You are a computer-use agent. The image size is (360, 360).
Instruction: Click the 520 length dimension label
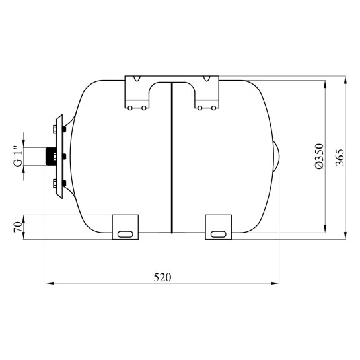pos(162,277)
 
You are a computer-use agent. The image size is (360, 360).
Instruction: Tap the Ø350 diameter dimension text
pos(319,157)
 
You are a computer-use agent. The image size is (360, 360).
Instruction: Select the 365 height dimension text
pos(340,157)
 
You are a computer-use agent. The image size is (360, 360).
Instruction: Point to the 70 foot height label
pos(18,227)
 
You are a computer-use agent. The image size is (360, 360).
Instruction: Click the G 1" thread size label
pos(18,156)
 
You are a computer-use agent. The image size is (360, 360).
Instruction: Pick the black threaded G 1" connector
pos(50,157)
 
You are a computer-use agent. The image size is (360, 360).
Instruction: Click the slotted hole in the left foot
pos(125,234)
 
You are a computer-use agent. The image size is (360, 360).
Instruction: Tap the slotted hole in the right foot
pos(219,234)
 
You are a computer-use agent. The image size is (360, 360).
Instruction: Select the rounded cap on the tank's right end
pos(276,156)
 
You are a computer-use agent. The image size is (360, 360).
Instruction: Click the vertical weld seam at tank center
pos(172,157)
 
